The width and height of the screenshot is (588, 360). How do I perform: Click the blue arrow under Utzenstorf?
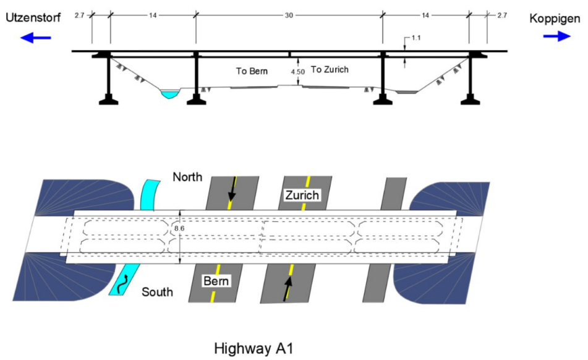coord(35,38)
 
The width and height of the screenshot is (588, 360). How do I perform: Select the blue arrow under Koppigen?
coord(557,36)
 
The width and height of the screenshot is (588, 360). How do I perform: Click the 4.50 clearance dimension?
coord(298,72)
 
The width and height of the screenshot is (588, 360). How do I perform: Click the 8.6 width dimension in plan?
coord(179,228)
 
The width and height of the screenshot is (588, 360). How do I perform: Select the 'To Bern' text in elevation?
coord(252,71)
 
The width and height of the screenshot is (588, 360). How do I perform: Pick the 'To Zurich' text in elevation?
coord(330,69)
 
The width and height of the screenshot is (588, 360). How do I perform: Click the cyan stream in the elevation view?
coord(169,94)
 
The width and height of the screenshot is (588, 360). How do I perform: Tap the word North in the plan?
coord(187,178)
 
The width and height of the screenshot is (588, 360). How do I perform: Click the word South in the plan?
coord(158,291)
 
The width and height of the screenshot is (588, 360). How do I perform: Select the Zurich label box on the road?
coord(302,195)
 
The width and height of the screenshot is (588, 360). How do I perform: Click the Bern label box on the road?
coord(217,282)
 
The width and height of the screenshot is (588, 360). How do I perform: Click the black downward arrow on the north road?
coord(232,189)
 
